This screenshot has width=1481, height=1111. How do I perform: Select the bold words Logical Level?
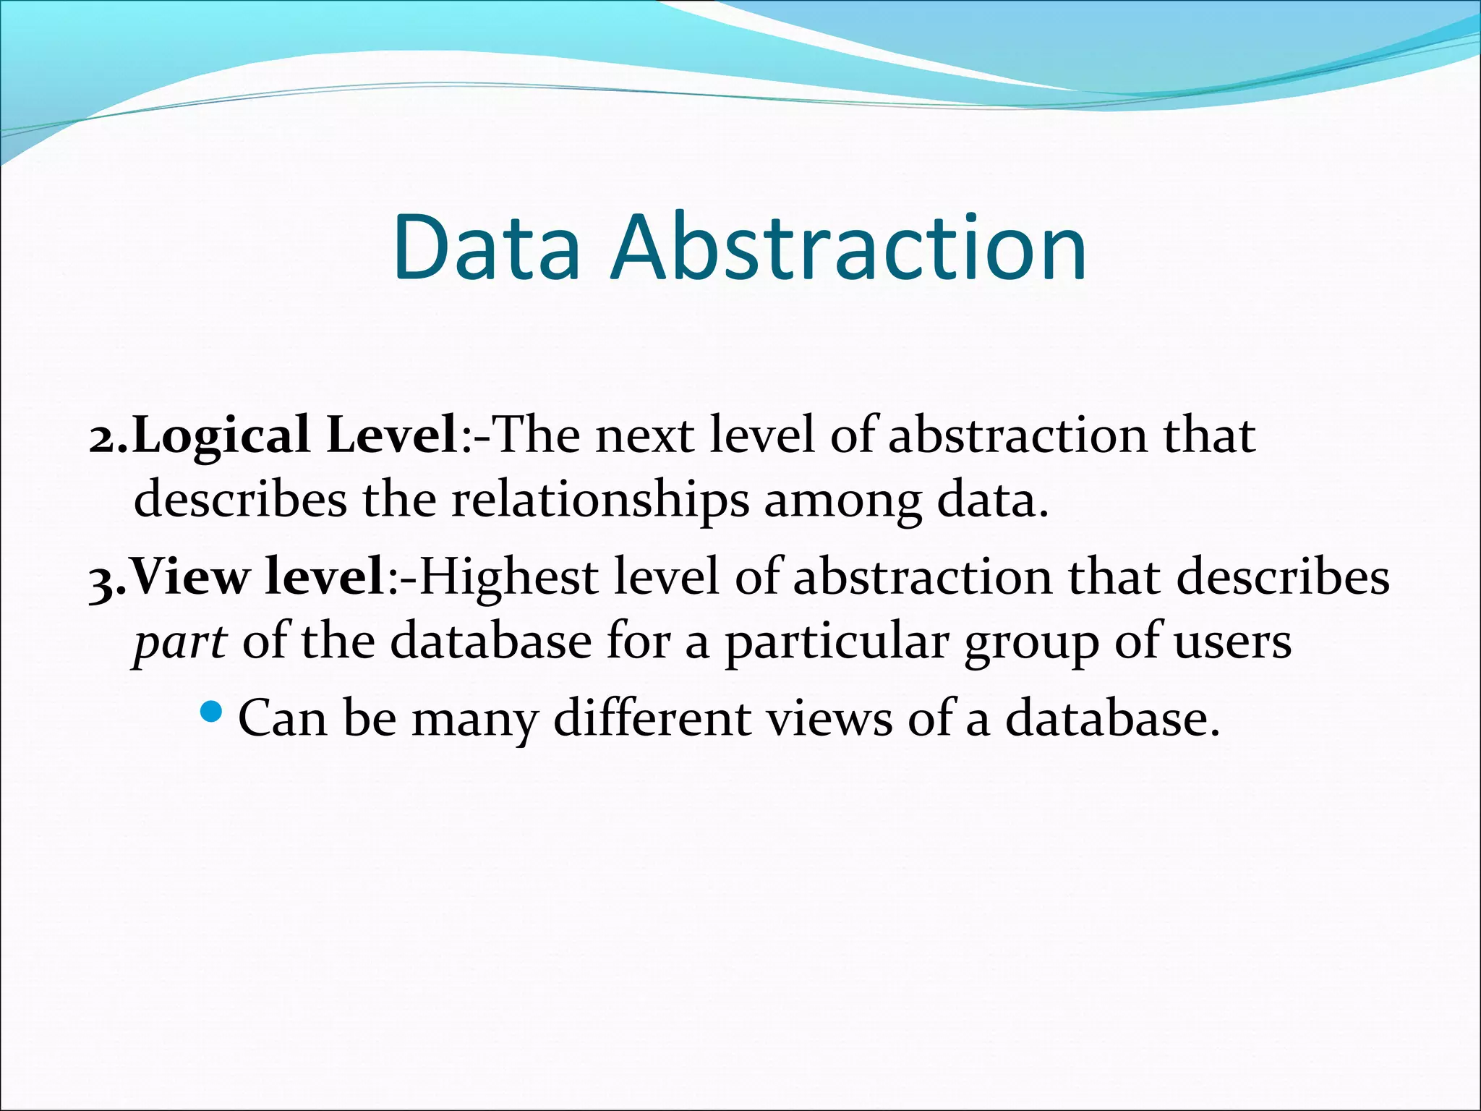point(294,436)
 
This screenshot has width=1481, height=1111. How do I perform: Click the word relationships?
point(600,500)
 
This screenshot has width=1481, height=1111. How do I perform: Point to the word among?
point(843,501)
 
